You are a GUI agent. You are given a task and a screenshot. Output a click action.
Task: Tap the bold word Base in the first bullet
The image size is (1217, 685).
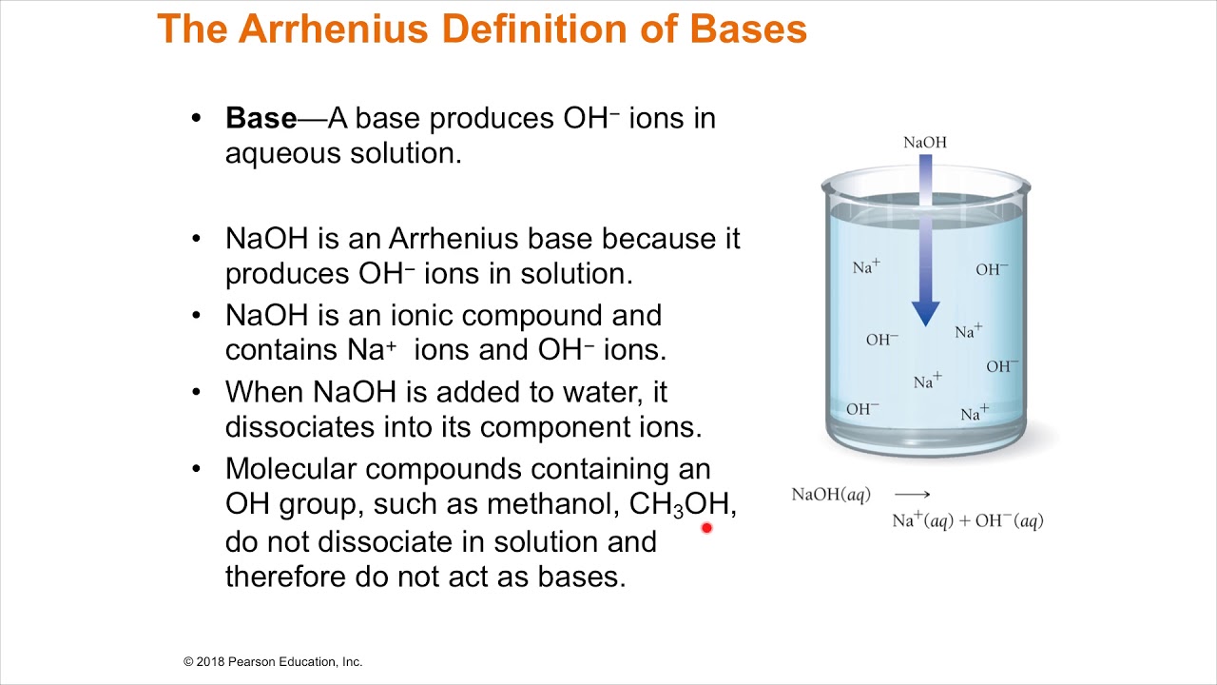261,118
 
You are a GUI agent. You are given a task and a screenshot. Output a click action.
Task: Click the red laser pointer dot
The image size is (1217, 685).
706,527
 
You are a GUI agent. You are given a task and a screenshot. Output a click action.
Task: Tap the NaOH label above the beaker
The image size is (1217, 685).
925,143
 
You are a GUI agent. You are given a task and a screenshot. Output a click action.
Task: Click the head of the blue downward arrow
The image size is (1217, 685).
925,313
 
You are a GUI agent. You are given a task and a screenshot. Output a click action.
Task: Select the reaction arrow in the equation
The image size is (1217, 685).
913,495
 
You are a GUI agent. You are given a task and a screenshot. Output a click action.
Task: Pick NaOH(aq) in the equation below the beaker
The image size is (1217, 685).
831,495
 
